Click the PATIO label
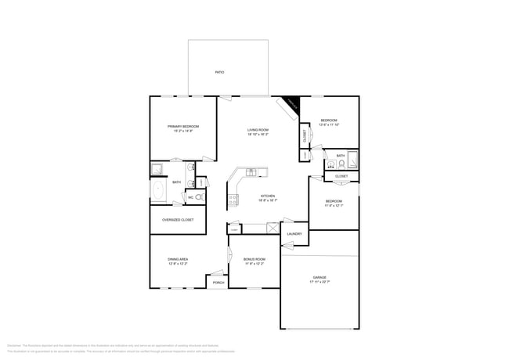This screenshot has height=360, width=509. tap(220, 72)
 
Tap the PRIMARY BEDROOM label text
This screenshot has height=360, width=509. tap(182, 126)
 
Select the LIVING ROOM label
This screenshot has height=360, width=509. tap(258, 130)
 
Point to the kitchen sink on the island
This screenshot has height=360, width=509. tap(251, 172)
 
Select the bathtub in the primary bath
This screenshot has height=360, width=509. tap(157, 191)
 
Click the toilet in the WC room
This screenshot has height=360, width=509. tap(199, 197)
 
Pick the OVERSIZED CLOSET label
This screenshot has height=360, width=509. tap(178, 220)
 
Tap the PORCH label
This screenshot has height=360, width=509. tap(218, 283)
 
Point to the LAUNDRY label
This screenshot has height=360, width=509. tap(294, 234)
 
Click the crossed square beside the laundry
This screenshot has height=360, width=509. tap(273, 229)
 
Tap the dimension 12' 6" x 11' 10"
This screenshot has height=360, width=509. tap(329, 125)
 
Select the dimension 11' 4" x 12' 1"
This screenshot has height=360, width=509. tap(334, 205)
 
